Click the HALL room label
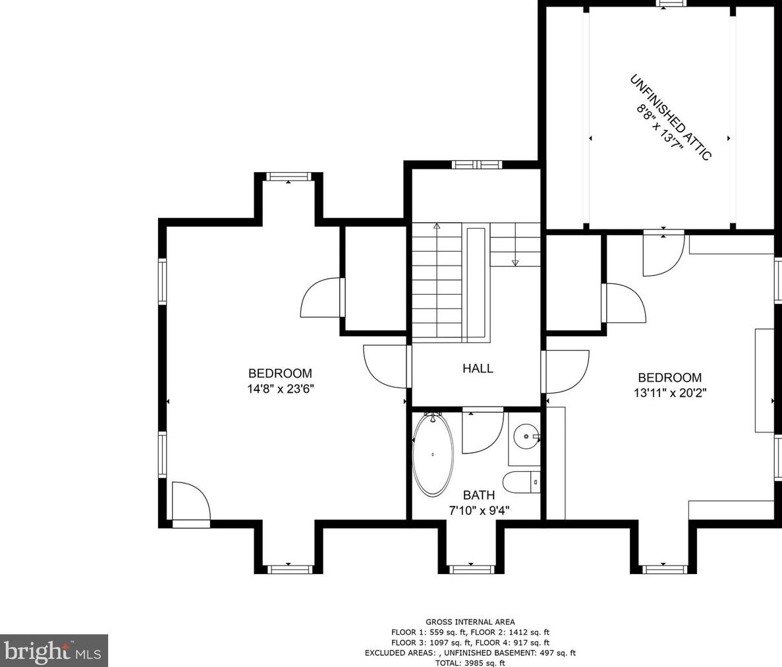tap(478, 368)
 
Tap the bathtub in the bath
tap(433, 455)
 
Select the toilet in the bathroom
tap(521, 482)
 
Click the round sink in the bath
tap(526, 436)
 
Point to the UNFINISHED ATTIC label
tap(670, 118)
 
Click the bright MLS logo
tap(54, 651)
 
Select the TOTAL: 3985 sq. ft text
tap(470, 662)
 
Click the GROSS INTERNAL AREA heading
tap(470, 622)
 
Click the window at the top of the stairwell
tap(477, 164)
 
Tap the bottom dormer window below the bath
tap(471, 569)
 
